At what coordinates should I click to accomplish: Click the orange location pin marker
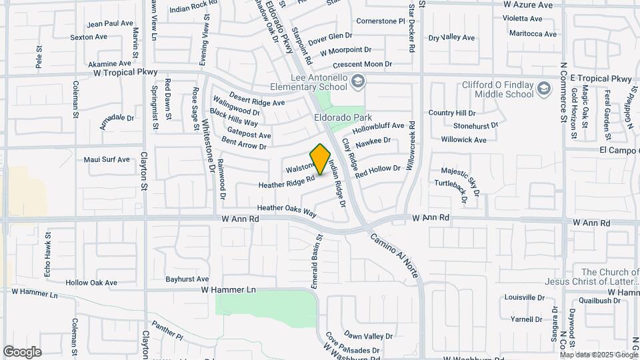321,159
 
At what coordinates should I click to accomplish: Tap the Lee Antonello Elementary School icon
358,81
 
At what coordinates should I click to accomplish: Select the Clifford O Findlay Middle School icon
545,88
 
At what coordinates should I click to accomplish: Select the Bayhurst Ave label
187,279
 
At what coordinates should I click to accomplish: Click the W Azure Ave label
528,5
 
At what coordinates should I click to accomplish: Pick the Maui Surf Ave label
107,159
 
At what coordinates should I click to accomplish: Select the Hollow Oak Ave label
91,283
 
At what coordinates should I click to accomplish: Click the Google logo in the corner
22,351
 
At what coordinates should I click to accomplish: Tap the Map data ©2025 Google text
598,355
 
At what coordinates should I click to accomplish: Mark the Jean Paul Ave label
110,23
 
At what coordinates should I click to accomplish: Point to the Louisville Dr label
521,297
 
